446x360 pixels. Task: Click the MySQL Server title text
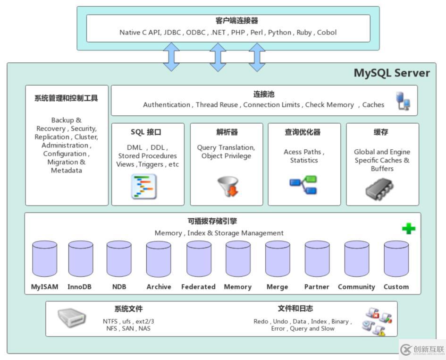click(x=392, y=73)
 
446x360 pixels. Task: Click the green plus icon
click(x=409, y=229)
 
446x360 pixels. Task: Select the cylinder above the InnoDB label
click(x=81, y=259)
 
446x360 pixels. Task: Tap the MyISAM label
click(x=45, y=287)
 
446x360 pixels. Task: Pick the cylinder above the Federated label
click(x=199, y=259)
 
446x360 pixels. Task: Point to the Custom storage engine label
click(x=396, y=287)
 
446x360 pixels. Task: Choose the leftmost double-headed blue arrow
click(x=171, y=57)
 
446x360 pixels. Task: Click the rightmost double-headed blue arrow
click(x=257, y=57)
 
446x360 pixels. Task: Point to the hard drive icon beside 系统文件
click(x=72, y=318)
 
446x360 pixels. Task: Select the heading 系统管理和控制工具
click(x=66, y=98)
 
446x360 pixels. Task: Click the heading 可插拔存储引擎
click(x=219, y=221)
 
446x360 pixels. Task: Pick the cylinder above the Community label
click(x=356, y=259)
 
